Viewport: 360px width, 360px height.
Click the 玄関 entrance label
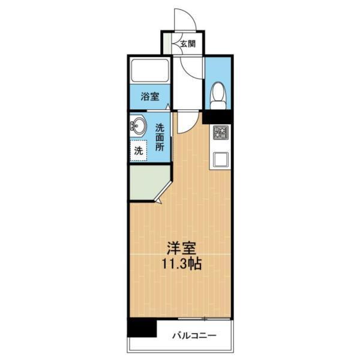point(187,44)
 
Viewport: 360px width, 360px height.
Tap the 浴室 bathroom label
point(150,96)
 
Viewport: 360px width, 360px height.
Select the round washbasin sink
point(138,126)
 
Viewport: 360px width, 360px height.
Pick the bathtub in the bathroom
point(149,71)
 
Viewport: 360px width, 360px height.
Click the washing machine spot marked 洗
point(139,151)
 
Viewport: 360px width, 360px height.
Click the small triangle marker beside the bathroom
point(169,109)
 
